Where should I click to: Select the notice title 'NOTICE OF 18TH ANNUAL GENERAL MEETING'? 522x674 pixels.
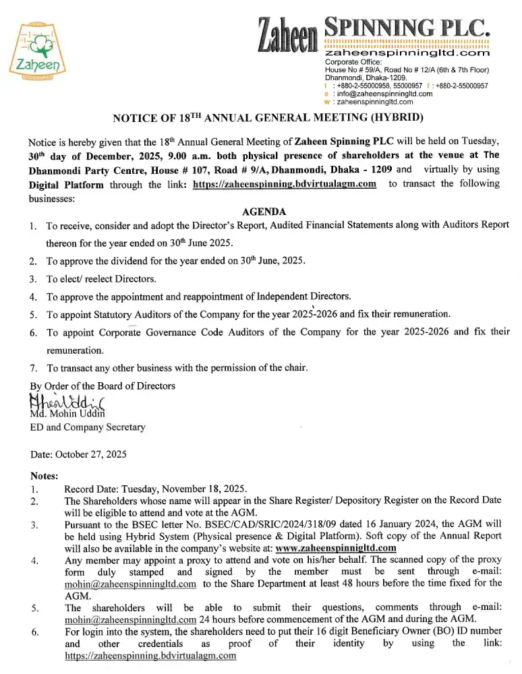[x=268, y=119]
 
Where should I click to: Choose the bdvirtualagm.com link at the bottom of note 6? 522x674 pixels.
[x=150, y=656]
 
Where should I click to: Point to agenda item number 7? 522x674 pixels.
[x=33, y=368]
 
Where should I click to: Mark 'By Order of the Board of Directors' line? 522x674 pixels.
[x=103, y=386]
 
